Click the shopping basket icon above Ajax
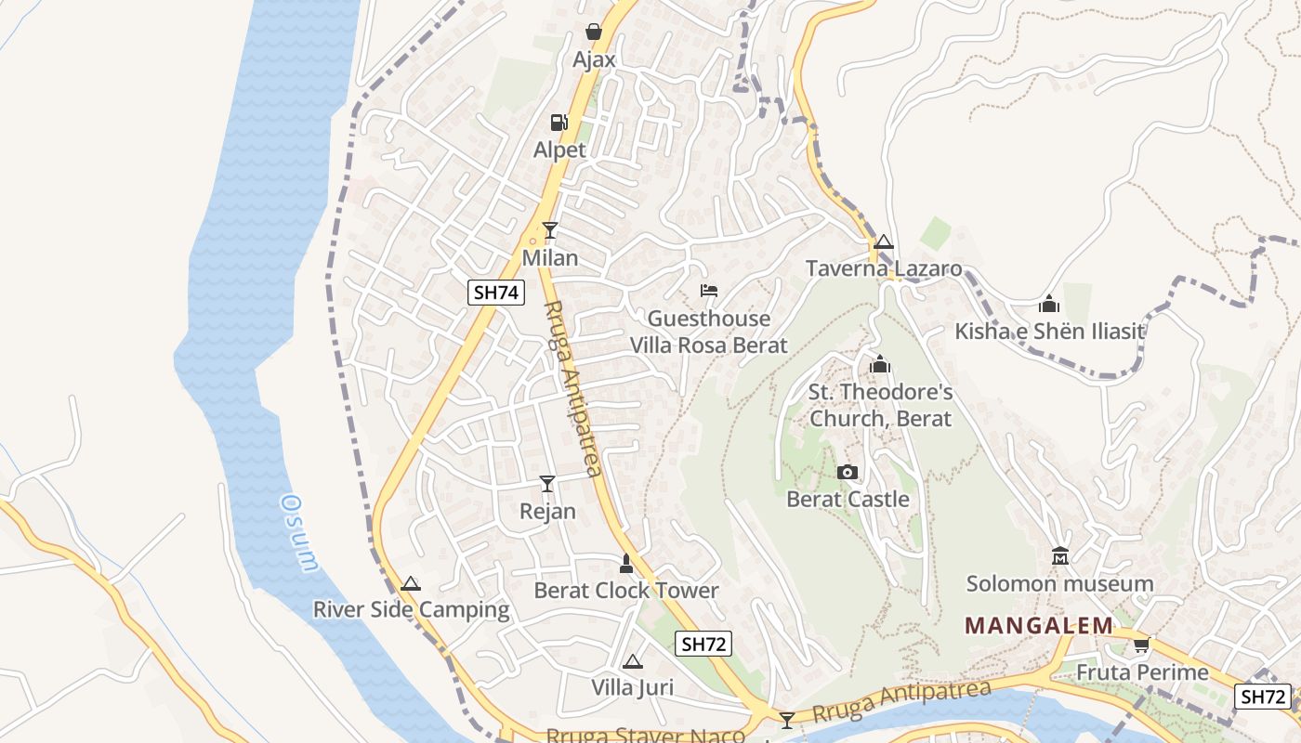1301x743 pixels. point(594,33)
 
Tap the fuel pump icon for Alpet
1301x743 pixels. point(559,122)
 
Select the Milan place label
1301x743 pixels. point(550,257)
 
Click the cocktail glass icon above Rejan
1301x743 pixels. point(547,484)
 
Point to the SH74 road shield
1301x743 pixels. point(496,293)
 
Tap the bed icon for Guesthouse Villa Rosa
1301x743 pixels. point(709,291)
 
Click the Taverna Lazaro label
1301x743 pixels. point(883,269)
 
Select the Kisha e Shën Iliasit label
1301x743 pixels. point(1049,332)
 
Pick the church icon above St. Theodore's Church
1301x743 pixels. point(880,364)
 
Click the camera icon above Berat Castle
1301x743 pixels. point(847,472)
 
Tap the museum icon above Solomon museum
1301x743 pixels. point(1059,556)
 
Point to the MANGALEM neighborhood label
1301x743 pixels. point(1039,625)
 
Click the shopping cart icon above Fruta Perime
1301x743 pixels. point(1141,645)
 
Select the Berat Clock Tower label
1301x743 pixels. point(625,591)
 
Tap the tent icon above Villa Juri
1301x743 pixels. point(633,661)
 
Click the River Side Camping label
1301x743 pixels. point(411,610)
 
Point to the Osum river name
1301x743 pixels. point(300,531)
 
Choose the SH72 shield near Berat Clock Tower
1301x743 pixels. point(704,644)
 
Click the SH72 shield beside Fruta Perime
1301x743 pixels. point(1264,697)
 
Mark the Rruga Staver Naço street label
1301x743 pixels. point(645,736)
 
